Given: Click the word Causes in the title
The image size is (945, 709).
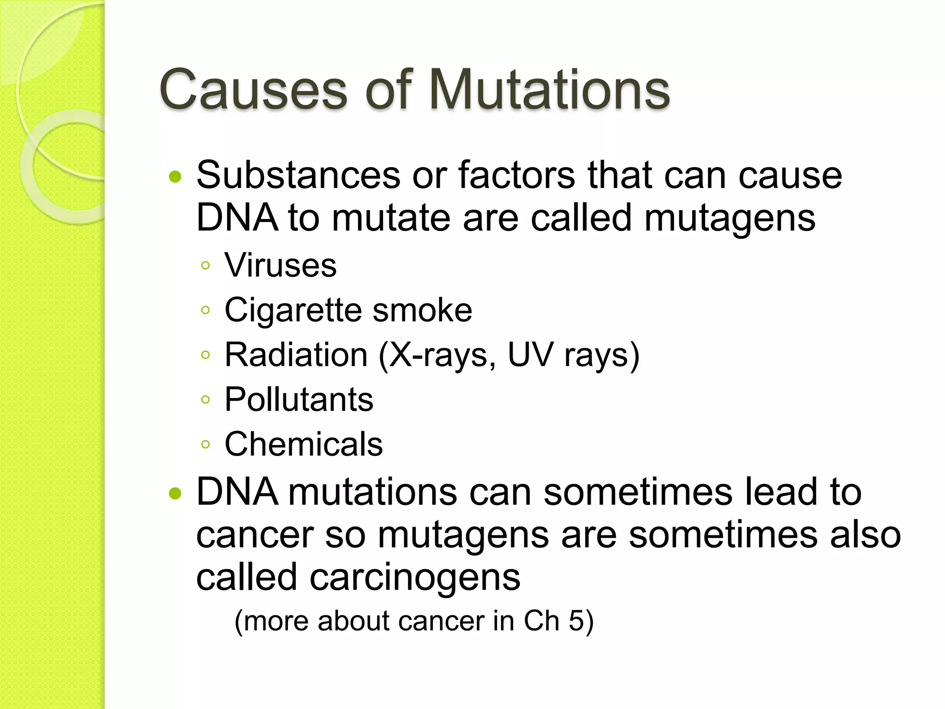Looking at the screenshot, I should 253,90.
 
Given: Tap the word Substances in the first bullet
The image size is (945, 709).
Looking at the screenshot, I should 298,175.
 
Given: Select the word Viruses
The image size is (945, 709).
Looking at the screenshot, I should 281,266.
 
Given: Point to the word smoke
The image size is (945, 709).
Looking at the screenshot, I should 422,310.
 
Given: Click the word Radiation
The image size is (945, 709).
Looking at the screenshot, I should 296,355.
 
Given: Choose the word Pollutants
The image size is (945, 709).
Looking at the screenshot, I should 299,400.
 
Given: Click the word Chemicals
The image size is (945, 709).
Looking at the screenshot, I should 303,444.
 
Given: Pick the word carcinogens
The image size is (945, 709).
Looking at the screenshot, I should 415,577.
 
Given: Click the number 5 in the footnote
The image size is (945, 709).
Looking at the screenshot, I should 576,621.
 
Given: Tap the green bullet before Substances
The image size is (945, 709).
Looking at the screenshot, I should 175,177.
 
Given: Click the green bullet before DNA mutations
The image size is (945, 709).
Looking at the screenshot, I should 175,494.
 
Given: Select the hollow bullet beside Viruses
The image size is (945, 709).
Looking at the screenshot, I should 206,265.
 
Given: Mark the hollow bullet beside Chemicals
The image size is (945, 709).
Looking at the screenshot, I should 206,445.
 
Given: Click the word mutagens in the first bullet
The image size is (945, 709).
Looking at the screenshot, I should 730,218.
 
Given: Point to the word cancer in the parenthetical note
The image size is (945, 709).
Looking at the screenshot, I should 443,621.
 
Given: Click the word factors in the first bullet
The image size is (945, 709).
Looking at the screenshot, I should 517,175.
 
